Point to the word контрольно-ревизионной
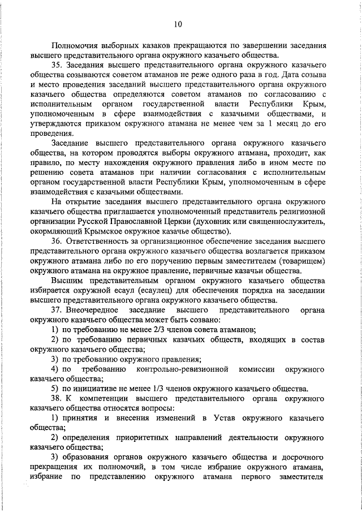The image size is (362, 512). [183, 369]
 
